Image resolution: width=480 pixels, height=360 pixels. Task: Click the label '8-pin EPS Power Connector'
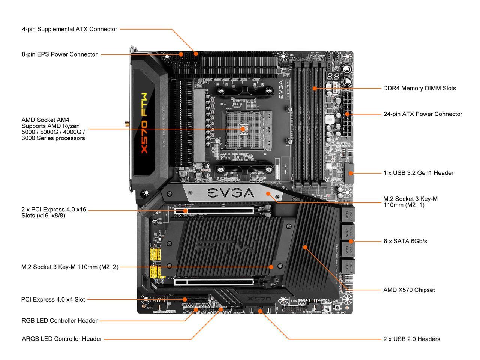tap(60, 54)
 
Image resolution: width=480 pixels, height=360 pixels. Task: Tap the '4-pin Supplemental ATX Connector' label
tap(70, 29)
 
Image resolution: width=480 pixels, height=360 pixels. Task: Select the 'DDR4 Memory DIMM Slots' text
tap(419, 88)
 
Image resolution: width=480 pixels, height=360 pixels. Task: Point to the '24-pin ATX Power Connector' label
tap(423, 114)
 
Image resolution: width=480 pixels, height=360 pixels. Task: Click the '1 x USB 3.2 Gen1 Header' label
tap(418, 173)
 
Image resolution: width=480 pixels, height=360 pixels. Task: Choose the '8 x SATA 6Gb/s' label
tap(405, 241)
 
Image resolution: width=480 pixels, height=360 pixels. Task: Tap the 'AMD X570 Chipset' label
tap(409, 290)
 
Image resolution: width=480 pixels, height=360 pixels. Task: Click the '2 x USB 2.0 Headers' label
tap(411, 339)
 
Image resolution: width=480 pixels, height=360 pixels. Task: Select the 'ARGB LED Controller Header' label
tap(62, 339)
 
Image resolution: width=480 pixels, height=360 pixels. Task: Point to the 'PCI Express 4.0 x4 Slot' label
tap(53, 300)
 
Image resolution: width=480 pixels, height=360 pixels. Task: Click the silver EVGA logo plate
tap(231, 193)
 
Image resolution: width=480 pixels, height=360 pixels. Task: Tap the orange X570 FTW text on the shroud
tap(144, 122)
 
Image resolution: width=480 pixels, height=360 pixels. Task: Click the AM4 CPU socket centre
tap(243, 129)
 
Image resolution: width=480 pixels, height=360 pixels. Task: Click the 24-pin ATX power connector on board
tap(347, 114)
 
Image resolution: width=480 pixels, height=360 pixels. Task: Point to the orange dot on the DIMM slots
tap(315, 88)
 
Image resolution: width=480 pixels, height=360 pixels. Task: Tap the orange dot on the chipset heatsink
tap(305, 247)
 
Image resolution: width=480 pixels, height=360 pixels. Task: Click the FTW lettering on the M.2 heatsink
tap(227, 248)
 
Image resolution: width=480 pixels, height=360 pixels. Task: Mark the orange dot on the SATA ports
tap(351, 241)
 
